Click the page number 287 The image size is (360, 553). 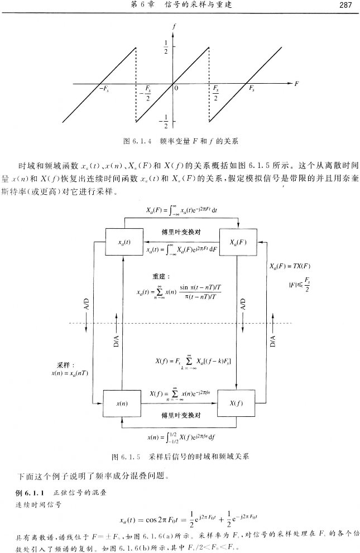coord(344,6)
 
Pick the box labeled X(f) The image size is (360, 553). coord(237,402)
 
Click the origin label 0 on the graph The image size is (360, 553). coord(176,88)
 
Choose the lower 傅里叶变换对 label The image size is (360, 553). coord(180,415)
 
